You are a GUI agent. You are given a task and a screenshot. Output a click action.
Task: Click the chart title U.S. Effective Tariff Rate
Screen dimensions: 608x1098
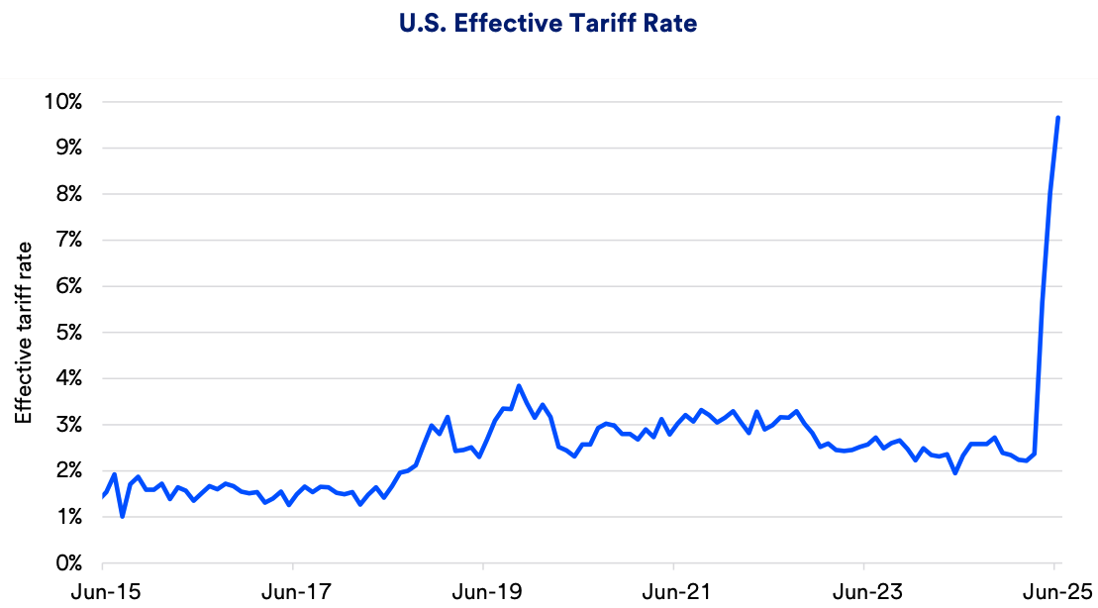[x=549, y=24]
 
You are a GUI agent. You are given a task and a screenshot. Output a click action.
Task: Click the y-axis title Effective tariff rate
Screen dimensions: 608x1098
[x=23, y=332]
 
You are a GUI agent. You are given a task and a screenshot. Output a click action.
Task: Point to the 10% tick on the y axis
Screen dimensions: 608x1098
[x=62, y=102]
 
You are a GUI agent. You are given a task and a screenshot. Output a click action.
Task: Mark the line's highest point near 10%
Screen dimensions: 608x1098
[x=1058, y=118]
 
